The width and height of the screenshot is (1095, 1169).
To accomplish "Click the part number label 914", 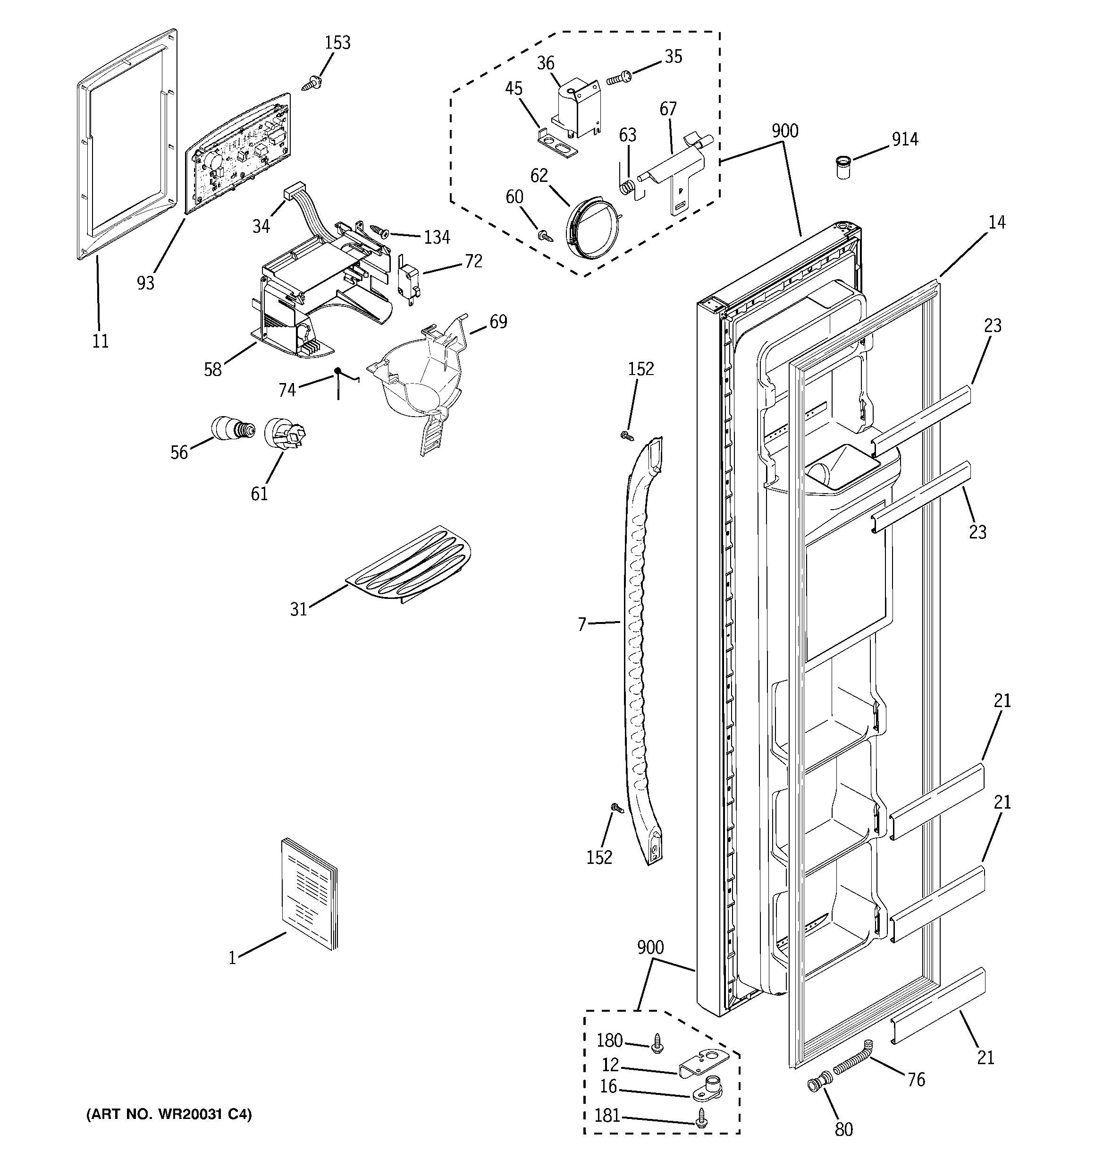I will tap(905, 139).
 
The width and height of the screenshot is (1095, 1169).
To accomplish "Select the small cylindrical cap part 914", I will tap(843, 168).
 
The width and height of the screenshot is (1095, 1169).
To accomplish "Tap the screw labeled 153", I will tap(312, 83).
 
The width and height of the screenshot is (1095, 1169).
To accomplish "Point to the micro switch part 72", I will tap(407, 283).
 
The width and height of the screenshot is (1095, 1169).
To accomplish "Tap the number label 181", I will tap(608, 1116).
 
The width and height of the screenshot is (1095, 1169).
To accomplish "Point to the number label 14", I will tap(996, 222).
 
